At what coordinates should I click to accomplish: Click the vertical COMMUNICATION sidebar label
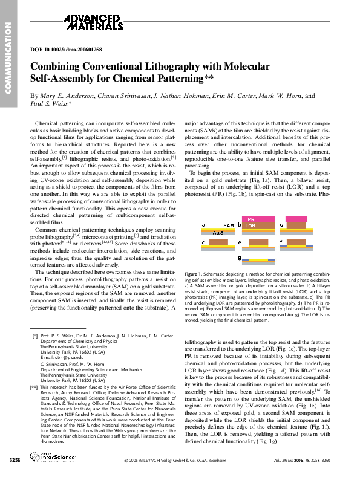(x=8, y=57)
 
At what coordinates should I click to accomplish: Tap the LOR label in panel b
(x=250, y=224)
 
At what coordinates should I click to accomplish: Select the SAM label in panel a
(x=229, y=225)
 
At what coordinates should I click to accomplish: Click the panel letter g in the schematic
(x=240, y=258)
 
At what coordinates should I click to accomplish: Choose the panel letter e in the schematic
(x=240, y=242)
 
